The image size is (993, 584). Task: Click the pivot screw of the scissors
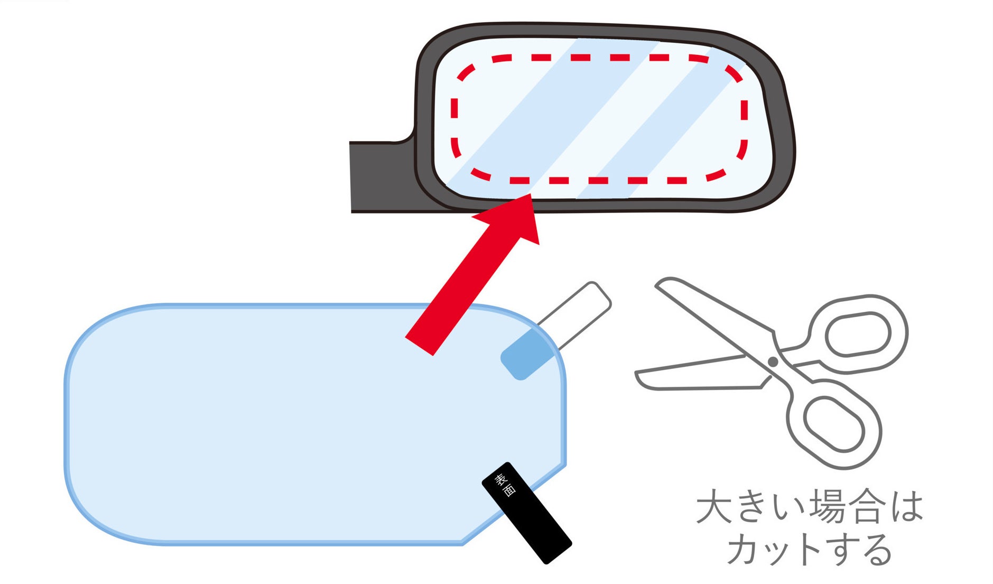pyautogui.click(x=773, y=362)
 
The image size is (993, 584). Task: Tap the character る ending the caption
pyautogui.click(x=875, y=550)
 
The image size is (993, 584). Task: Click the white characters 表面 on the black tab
pyautogui.click(x=505, y=485)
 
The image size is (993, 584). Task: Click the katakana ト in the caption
pyautogui.click(x=807, y=550)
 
